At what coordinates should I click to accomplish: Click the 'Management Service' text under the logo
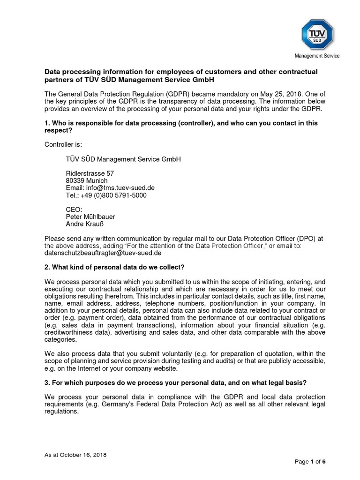317,56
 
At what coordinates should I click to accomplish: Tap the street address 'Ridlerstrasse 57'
89,173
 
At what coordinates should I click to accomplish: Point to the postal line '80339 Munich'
86,180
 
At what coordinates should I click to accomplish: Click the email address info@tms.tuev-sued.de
110,187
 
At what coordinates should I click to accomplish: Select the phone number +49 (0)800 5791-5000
105,195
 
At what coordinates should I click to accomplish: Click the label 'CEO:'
74,209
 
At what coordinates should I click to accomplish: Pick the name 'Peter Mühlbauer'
90,217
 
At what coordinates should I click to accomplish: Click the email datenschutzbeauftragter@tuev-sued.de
103,253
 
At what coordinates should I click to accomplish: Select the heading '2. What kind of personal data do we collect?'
114,267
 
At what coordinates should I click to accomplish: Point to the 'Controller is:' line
63,144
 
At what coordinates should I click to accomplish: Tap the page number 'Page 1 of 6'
310,462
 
